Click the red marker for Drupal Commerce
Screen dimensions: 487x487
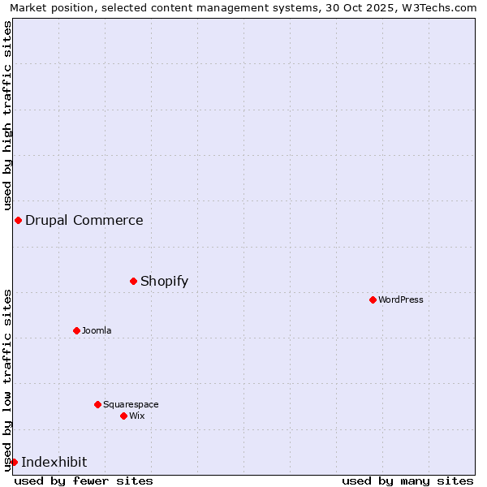tap(18, 220)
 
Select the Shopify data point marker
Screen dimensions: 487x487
tap(133, 281)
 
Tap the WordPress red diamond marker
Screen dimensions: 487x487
tap(373, 300)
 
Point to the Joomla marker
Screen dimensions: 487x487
tap(76, 330)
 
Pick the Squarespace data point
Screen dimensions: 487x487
tap(97, 404)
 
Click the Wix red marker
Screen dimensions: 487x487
tap(123, 416)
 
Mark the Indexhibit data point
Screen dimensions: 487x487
tap(14, 462)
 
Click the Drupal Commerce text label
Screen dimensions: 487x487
tap(84, 220)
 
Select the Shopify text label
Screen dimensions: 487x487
tap(164, 281)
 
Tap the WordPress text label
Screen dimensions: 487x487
tap(400, 300)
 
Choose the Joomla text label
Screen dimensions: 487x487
tap(97, 330)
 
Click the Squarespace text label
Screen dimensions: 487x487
tap(131, 404)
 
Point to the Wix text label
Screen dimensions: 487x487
tap(136, 416)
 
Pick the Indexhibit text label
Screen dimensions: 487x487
tap(54, 462)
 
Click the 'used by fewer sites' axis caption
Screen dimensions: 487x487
tap(84, 481)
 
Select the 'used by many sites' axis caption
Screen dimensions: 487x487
tap(407, 481)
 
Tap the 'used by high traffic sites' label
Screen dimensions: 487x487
tap(7, 115)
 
